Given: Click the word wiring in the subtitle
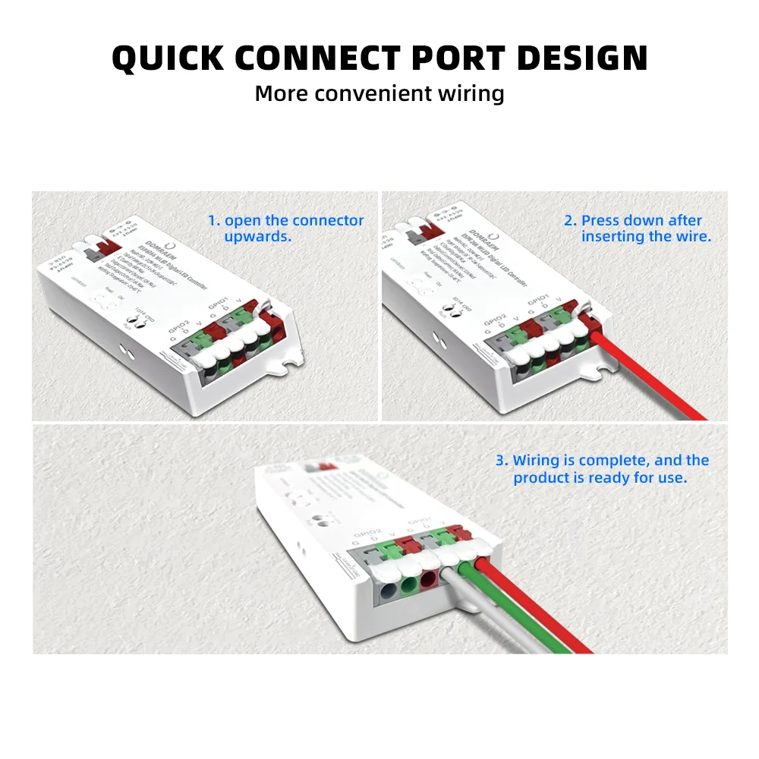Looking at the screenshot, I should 471,93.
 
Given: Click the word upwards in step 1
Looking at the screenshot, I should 258,237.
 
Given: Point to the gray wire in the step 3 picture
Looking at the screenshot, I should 486,615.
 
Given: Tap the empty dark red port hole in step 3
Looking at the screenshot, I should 429,580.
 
